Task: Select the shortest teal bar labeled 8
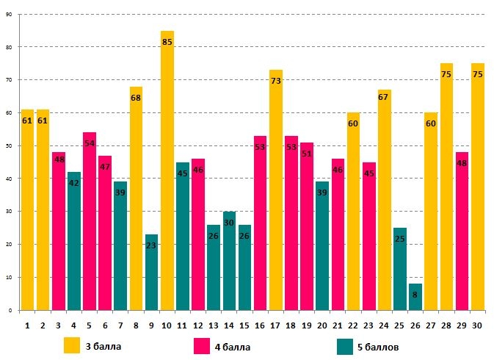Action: pyautogui.click(x=415, y=297)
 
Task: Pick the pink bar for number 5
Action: pyautogui.click(x=90, y=221)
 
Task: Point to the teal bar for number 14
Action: pyautogui.click(x=229, y=261)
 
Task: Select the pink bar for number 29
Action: pyautogui.click(x=462, y=231)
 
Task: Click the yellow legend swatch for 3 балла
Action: pyautogui.click(x=72, y=345)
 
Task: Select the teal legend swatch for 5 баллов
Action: pyautogui.click(x=345, y=345)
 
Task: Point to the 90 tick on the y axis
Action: pyautogui.click(x=8, y=14)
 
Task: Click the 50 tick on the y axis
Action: pyautogui.click(x=8, y=145)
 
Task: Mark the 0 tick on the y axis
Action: pyautogui.click(x=10, y=310)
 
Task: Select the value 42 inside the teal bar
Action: pyautogui.click(x=74, y=183)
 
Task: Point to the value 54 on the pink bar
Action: pyautogui.click(x=90, y=143)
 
